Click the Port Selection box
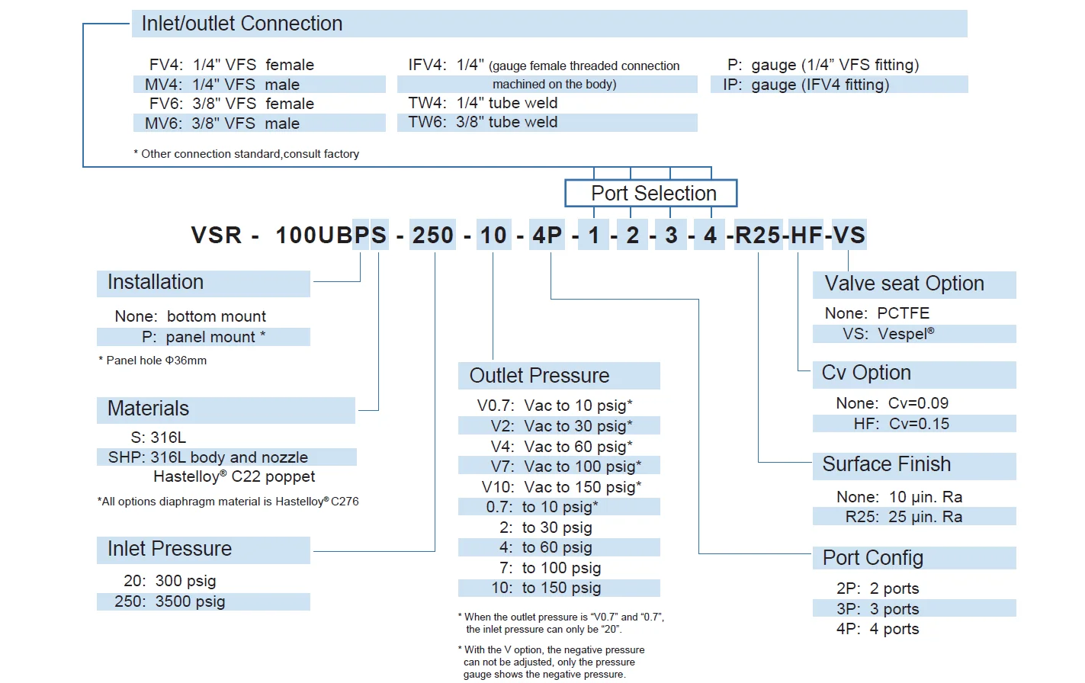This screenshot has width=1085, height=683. tap(651, 193)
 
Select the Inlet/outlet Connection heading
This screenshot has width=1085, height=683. tap(242, 24)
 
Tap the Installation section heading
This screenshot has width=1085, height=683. tap(156, 282)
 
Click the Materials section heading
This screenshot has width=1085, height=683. tap(148, 409)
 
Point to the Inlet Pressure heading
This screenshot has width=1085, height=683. tap(169, 549)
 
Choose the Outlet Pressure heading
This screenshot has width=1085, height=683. tap(539, 376)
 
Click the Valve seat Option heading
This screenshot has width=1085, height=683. tap(904, 284)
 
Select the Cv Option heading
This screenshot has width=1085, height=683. tap(866, 373)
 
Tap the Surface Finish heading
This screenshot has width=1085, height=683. tap(886, 464)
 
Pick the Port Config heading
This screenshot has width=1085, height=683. tap(872, 558)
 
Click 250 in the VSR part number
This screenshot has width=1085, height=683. tap(433, 236)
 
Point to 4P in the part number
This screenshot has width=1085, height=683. tap(547, 236)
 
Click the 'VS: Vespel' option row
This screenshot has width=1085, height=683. tap(888, 334)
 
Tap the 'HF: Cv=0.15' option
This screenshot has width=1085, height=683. tap(901, 424)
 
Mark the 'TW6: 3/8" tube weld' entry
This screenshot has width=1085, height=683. tap(483, 122)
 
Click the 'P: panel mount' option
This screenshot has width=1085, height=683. tap(204, 337)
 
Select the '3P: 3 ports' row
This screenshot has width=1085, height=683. tap(878, 609)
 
